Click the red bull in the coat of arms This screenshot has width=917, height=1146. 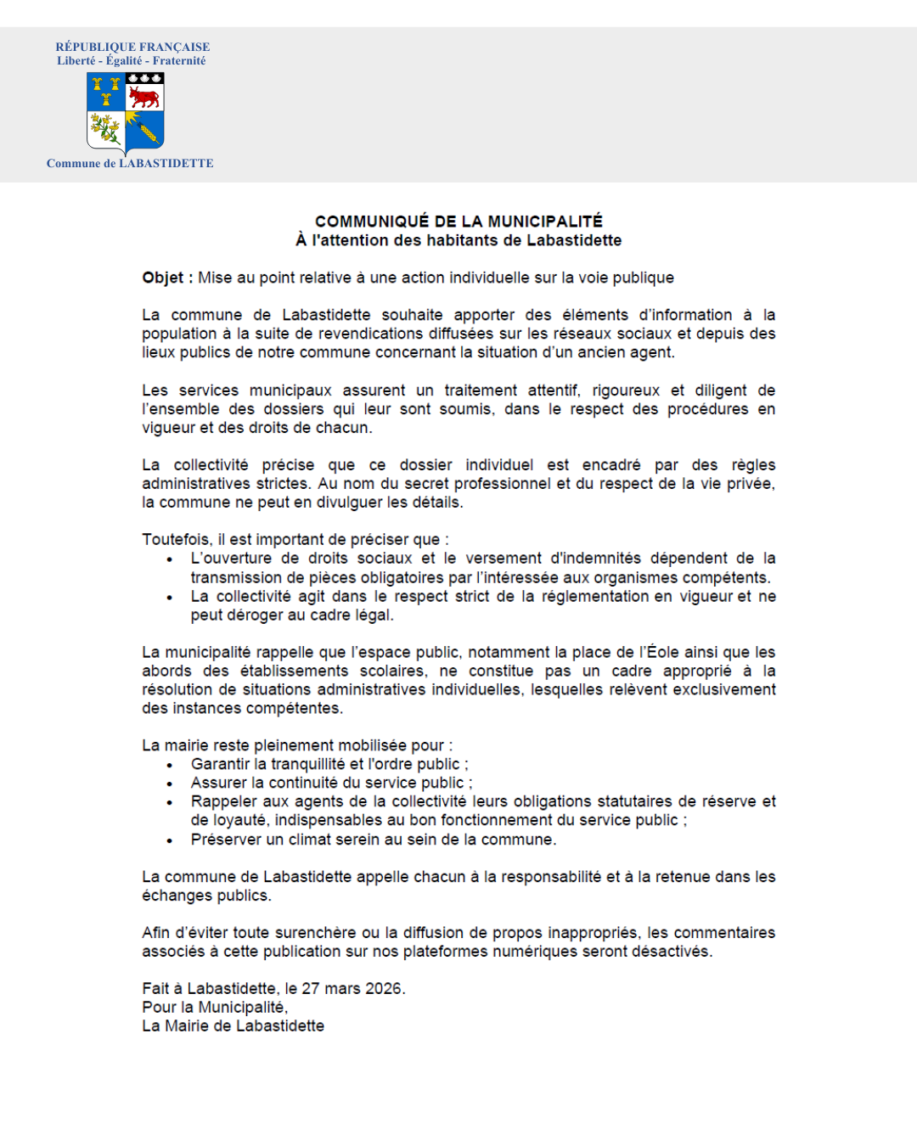[144, 98]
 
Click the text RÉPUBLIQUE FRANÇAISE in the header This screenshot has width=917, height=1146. [132, 47]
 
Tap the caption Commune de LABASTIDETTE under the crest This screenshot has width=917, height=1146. [130, 163]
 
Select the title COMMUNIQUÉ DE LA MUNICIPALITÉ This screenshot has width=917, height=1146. [458, 222]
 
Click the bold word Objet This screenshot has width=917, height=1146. [163, 278]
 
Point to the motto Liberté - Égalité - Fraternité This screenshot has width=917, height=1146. [132, 61]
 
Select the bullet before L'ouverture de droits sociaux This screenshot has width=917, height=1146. [170, 559]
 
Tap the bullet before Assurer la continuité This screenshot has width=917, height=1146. [170, 784]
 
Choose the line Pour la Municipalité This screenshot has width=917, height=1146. [215, 1008]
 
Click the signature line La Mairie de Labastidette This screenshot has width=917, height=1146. [233, 1026]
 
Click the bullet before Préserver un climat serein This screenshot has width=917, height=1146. [170, 840]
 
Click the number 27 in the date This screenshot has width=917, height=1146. [311, 989]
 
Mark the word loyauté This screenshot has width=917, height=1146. [240, 820]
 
